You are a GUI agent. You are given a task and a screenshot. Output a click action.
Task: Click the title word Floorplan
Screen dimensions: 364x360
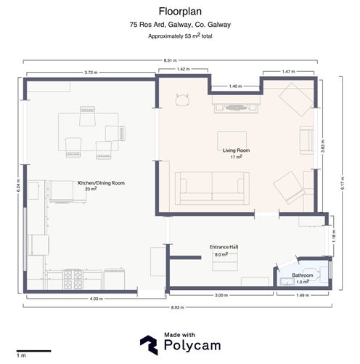179,12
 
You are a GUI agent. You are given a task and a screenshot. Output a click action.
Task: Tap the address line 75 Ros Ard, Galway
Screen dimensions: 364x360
179,25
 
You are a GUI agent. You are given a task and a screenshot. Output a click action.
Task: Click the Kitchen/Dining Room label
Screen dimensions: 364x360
101,183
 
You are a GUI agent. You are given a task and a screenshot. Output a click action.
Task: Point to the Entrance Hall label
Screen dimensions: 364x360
225,247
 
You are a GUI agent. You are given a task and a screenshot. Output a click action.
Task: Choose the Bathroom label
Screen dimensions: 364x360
303,275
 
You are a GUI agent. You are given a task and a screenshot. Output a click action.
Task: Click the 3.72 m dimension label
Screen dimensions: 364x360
91,73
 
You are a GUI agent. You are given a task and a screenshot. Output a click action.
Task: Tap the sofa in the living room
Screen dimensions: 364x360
213,188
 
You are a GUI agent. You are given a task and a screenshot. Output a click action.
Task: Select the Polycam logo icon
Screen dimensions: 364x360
150,344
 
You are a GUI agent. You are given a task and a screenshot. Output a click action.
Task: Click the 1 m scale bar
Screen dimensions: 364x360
33,351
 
